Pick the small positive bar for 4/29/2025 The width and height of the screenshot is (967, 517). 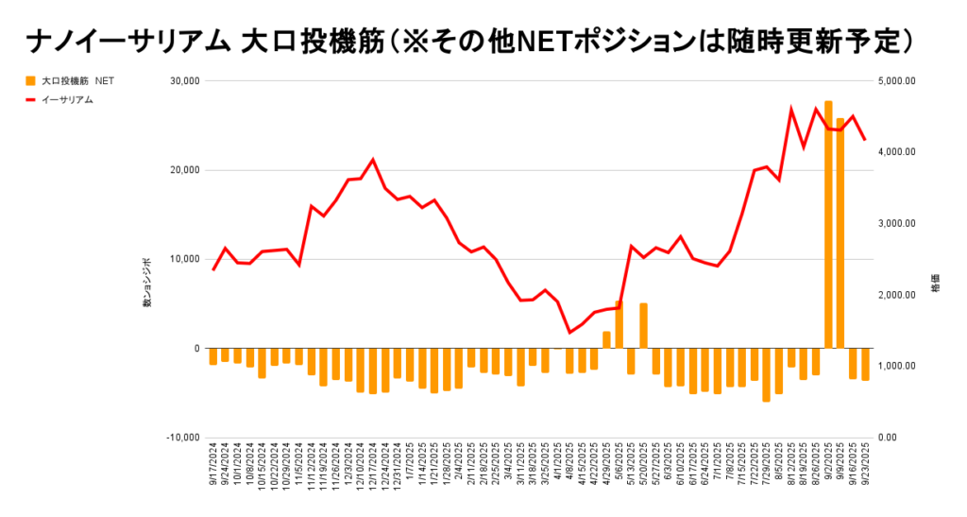pos(606,340)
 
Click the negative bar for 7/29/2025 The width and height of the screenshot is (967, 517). pos(766,374)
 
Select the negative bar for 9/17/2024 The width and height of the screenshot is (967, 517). pos(213,356)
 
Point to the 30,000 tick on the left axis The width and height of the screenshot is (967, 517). pos(182,81)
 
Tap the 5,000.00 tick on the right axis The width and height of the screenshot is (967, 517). pos(896,81)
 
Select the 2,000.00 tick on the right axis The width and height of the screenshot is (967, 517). pos(896,295)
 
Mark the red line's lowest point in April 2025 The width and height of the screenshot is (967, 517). pos(569,333)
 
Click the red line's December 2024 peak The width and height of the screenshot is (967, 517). pos(373,160)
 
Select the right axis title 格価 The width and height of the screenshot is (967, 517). pos(936,284)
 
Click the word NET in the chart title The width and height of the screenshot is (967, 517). pos(560,41)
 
